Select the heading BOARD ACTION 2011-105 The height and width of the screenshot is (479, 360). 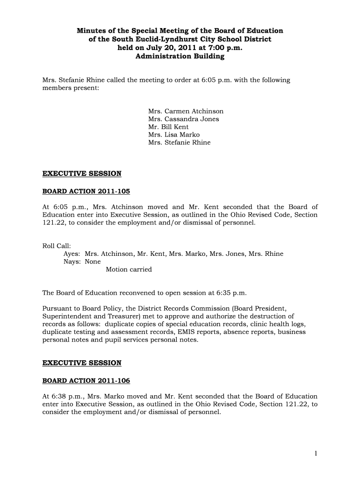(x=86, y=191)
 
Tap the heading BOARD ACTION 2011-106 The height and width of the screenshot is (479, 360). (x=86, y=380)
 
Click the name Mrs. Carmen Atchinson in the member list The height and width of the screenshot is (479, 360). (x=186, y=111)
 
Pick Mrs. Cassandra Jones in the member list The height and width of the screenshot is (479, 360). (x=183, y=119)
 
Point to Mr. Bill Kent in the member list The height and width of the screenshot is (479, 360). (x=168, y=127)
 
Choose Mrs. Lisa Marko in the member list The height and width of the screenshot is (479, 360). (x=174, y=135)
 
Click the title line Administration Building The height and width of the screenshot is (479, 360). (x=180, y=56)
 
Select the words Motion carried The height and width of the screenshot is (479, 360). (x=129, y=269)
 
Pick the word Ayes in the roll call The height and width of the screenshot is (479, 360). (x=72, y=254)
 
